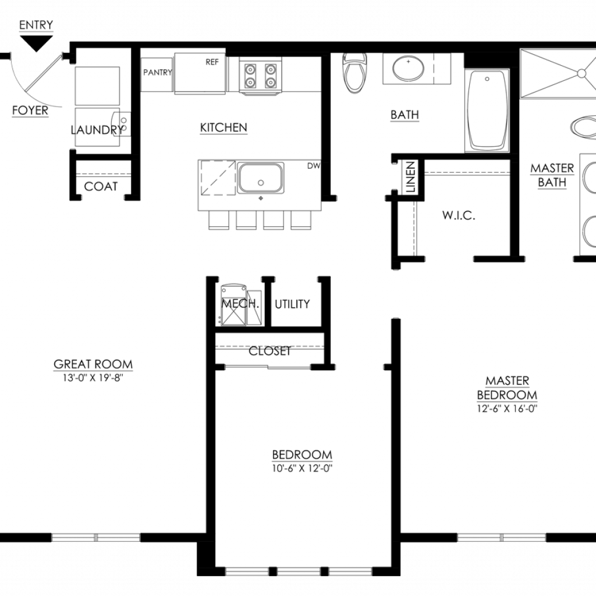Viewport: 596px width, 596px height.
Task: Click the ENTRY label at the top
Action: tap(36, 25)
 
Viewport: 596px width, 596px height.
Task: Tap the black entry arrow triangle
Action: tap(36, 42)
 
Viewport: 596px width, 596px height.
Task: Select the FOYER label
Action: tap(30, 110)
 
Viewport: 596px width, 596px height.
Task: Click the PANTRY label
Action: tap(157, 72)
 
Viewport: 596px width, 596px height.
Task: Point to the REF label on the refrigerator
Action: tap(212, 62)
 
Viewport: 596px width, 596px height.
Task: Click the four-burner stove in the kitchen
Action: tap(260, 75)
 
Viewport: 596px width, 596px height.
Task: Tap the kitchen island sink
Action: tap(261, 178)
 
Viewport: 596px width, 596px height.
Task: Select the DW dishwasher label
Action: tap(314, 166)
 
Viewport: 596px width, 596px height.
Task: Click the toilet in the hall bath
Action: tap(354, 73)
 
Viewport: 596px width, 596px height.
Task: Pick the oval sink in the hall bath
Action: tap(408, 69)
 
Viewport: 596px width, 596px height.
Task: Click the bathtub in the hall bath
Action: tap(487, 110)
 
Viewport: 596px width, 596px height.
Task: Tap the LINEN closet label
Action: tap(410, 177)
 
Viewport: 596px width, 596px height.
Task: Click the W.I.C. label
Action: tap(459, 215)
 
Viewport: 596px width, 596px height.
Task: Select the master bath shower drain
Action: tap(581, 73)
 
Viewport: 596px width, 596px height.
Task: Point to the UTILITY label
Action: tap(292, 304)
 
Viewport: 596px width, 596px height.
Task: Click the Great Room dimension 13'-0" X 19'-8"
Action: tap(93, 378)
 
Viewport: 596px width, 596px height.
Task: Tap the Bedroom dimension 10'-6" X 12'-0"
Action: tap(302, 469)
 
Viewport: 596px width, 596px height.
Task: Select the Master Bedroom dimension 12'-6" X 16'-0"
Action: tap(507, 409)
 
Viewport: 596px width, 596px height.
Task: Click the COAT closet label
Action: tap(101, 187)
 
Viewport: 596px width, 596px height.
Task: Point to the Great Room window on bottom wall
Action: tap(96, 537)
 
